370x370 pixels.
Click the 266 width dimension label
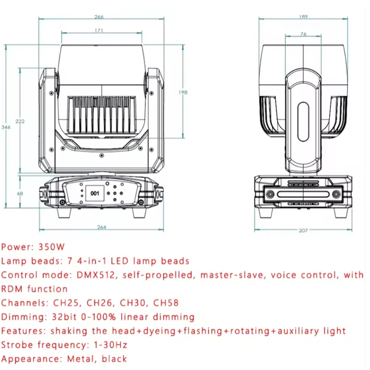tap(99, 17)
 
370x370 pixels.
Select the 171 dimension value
tap(99, 31)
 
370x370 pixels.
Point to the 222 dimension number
tap(20, 121)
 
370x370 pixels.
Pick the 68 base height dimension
tap(20, 194)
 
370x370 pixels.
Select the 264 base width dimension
tap(101, 227)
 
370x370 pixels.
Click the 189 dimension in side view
tap(303, 17)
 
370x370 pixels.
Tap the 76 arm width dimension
tap(303, 34)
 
